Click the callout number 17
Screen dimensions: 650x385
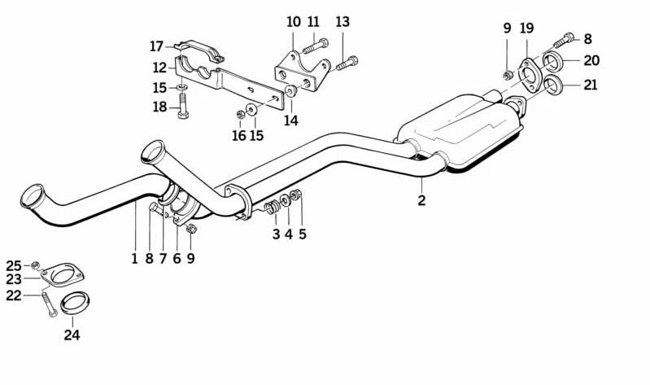coord(156,46)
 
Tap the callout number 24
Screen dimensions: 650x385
coord(72,335)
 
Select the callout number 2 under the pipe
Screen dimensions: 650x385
coord(421,200)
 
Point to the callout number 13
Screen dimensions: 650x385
coord(342,22)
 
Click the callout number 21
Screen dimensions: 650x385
coord(591,85)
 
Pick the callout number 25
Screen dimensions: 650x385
coord(13,265)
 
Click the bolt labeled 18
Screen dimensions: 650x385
coord(182,106)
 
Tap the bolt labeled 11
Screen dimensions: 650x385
coord(316,46)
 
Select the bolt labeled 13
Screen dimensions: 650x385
coord(347,63)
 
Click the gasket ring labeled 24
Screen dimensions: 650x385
coord(76,303)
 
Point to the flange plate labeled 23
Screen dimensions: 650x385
coord(63,274)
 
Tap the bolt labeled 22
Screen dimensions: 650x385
coord(49,305)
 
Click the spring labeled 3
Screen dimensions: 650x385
coord(272,206)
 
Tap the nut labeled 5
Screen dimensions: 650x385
coord(296,195)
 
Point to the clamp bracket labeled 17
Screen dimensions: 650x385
coord(199,50)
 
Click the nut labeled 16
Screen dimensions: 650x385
coord(240,113)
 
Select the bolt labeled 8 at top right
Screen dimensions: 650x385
coord(564,40)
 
